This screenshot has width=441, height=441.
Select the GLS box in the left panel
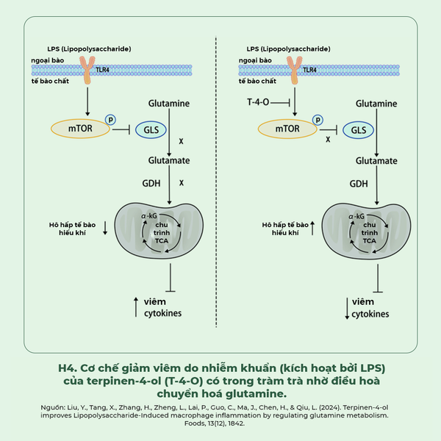click(x=151, y=130)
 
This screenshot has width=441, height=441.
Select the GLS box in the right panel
click(x=358, y=130)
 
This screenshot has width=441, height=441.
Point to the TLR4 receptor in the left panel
click(x=87, y=70)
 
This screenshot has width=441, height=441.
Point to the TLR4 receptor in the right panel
click(x=295, y=70)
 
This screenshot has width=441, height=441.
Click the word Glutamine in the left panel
click(x=169, y=104)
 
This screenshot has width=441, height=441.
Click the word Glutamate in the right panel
click(x=376, y=161)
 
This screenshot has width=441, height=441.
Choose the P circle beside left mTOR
click(x=110, y=119)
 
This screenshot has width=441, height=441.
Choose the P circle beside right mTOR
click(x=318, y=119)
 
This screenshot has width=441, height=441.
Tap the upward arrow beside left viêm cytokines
click(x=137, y=308)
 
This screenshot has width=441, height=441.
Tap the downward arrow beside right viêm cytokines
click(x=345, y=308)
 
